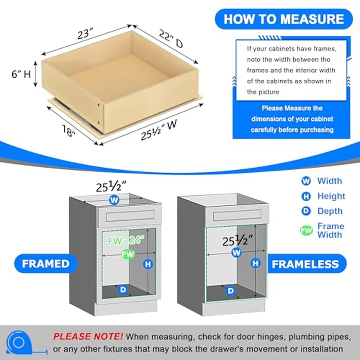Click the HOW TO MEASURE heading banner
283,20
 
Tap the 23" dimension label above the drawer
84,35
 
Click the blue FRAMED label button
46,264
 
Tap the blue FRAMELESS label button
305,264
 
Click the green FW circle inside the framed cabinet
126,254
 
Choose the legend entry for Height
324,196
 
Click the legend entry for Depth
323,211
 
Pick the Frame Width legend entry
324,230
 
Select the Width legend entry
323,181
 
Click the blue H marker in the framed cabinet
148,264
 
